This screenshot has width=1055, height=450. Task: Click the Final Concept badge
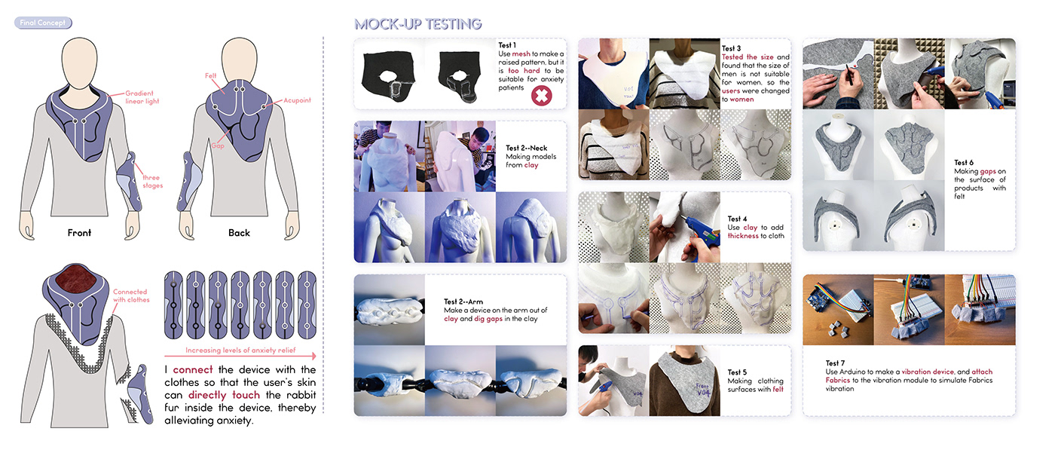pyautogui.click(x=43, y=23)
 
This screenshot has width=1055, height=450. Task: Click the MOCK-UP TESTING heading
pyautogui.click(x=417, y=24)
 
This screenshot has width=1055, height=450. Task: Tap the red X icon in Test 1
pyautogui.click(x=542, y=96)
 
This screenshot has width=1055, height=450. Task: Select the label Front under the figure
pyautogui.click(x=79, y=233)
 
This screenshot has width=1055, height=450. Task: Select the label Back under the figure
pyautogui.click(x=240, y=233)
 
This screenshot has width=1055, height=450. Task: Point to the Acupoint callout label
pyautogui.click(x=297, y=100)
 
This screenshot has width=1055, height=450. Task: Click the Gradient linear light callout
pyautogui.click(x=142, y=97)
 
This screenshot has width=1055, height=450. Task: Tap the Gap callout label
pyautogui.click(x=218, y=145)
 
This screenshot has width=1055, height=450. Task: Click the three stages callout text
pyautogui.click(x=152, y=182)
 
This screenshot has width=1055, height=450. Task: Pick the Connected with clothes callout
pyautogui.click(x=131, y=296)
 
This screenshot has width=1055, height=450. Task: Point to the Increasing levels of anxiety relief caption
pyautogui.click(x=240, y=350)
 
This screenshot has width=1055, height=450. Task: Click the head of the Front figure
pyautogui.click(x=79, y=63)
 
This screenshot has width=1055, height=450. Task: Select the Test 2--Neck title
pyautogui.click(x=527, y=148)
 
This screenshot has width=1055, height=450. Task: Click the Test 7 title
pyautogui.click(x=835, y=363)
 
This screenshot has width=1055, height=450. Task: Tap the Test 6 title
pyautogui.click(x=964, y=163)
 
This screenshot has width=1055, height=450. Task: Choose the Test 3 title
pyautogui.click(x=731, y=48)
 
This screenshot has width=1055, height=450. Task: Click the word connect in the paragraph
pyautogui.click(x=193, y=370)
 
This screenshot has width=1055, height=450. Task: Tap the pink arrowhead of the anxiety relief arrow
pyautogui.click(x=314, y=356)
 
